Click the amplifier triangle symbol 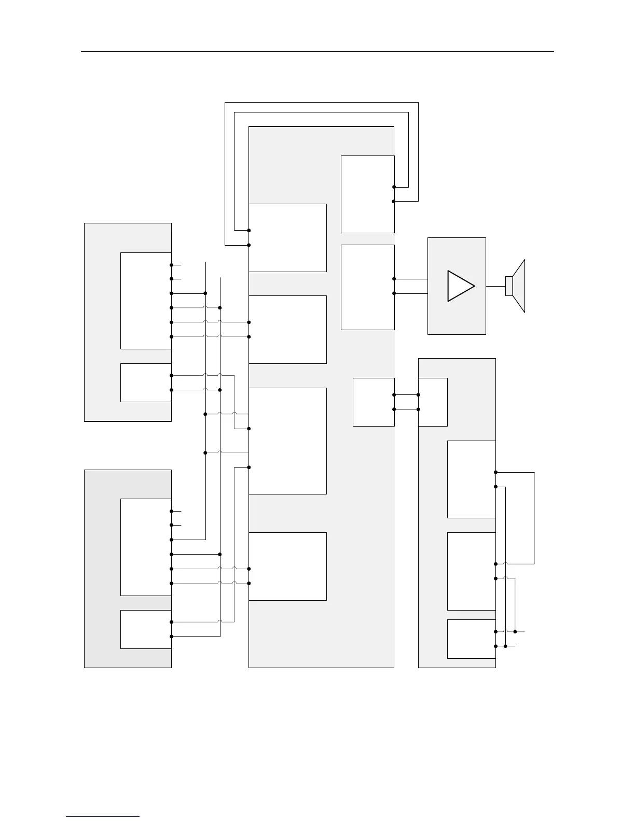click(x=460, y=286)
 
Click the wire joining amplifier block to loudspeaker click(x=495, y=286)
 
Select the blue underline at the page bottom click(x=103, y=817)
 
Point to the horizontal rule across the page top click(x=317, y=52)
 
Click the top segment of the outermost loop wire click(x=321, y=103)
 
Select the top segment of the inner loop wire click(x=321, y=112)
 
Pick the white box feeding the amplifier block click(x=367, y=287)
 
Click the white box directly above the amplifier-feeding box click(x=367, y=194)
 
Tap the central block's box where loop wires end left click(x=287, y=237)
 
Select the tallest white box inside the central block click(x=287, y=441)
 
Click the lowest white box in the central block click(x=287, y=566)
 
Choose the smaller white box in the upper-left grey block click(x=146, y=383)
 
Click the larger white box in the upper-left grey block click(x=146, y=301)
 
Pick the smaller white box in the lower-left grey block click(x=146, y=629)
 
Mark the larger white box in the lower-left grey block click(x=146, y=547)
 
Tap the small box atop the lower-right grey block click(x=433, y=402)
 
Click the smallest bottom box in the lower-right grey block click(x=471, y=639)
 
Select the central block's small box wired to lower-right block click(x=374, y=402)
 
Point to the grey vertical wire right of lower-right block click(x=534, y=518)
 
